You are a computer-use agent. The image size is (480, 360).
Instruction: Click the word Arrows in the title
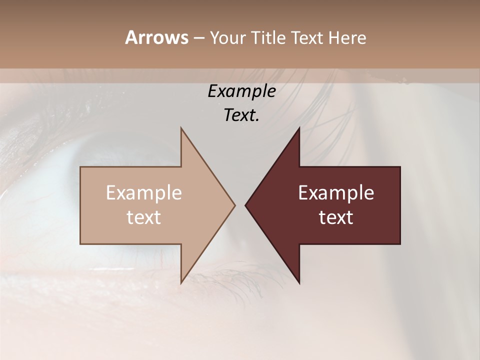156,37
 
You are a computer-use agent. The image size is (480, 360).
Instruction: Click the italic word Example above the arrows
241,91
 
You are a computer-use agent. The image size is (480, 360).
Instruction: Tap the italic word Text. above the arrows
241,115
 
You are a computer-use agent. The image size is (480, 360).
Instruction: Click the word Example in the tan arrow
144,193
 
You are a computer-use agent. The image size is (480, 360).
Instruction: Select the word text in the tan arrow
144,217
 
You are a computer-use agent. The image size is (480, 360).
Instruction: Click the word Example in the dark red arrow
336,193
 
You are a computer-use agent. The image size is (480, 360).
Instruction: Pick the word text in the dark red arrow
336,217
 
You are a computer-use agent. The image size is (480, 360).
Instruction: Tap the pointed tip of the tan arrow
235,205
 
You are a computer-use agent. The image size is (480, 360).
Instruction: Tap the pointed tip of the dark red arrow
245,205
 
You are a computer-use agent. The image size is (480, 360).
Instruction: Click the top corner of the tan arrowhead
181,127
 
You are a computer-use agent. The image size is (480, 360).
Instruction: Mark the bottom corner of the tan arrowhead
181,283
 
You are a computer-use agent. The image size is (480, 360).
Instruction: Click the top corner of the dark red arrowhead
299,127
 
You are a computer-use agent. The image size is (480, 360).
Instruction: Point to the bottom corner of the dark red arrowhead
299,283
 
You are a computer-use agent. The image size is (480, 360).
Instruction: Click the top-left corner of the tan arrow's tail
80,167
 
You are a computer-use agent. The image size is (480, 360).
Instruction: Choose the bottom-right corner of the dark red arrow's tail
400,244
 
